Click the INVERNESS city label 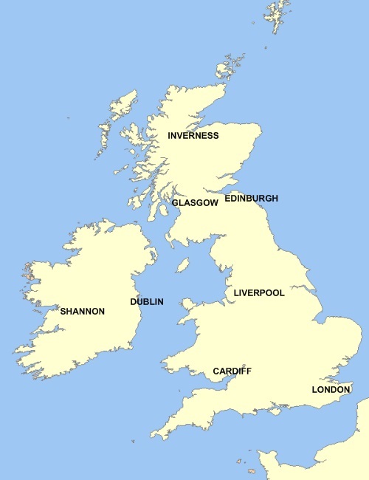tap(193, 136)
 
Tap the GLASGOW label tap(195, 202)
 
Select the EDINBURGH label tap(251, 199)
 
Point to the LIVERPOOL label tap(258, 293)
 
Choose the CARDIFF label tap(232, 371)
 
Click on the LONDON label tap(331, 389)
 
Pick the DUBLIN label tap(146, 302)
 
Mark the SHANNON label tap(83, 312)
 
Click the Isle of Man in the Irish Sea tap(182, 264)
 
